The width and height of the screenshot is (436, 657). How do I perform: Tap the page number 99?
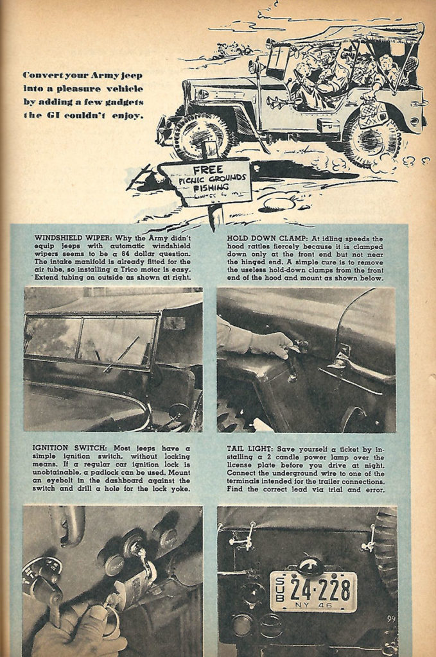pyautogui.click(x=391, y=619)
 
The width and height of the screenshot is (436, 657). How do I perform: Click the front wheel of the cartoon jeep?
pyautogui.click(x=201, y=135)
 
